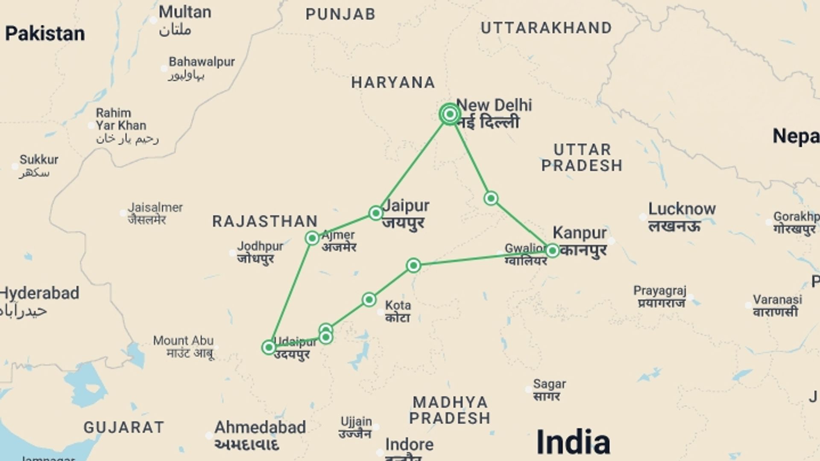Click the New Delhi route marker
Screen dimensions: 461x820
[x=449, y=114]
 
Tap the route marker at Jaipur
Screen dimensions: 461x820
[x=376, y=213]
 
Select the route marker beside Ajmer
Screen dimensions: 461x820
[x=312, y=238]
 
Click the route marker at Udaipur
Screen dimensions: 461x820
[x=269, y=347]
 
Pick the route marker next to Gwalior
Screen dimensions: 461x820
[x=552, y=251]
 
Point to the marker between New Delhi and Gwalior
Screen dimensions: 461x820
[x=491, y=198]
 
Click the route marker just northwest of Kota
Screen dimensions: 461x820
[x=369, y=300]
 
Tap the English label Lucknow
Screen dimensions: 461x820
[x=682, y=209]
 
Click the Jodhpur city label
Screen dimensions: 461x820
[x=260, y=246]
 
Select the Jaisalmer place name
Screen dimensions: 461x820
[x=155, y=208]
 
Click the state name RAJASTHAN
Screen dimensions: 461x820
[x=265, y=221]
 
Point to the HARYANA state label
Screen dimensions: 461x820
[x=393, y=82]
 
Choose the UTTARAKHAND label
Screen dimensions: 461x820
[x=546, y=28]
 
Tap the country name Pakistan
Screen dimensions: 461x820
[x=45, y=34]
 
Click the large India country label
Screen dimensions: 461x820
[x=573, y=442]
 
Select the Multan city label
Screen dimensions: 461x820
[x=185, y=12]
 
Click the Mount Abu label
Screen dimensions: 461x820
[x=183, y=341]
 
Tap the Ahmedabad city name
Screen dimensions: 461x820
[x=260, y=427]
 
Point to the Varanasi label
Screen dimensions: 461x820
[x=777, y=299]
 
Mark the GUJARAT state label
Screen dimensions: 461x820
[x=124, y=427]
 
